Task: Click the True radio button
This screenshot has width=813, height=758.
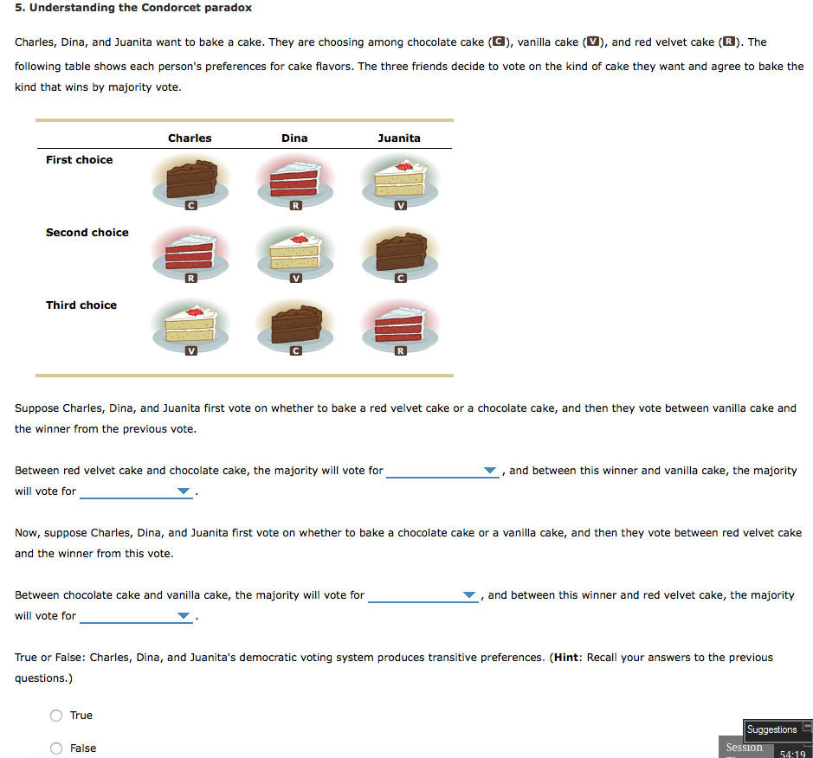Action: tap(56, 716)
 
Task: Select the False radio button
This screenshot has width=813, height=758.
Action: tap(56, 748)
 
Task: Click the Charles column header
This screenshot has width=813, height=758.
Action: tap(190, 138)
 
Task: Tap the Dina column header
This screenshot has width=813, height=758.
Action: tap(294, 138)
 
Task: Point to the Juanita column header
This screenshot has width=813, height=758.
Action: tap(399, 138)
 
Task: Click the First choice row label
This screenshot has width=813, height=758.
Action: tap(80, 160)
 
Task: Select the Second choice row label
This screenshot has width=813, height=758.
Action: tap(87, 233)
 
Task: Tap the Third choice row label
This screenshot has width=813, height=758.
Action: tap(81, 305)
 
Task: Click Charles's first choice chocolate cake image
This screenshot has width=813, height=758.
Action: tap(190, 182)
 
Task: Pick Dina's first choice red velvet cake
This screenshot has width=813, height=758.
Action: tap(294, 182)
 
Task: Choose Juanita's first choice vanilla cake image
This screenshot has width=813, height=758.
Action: tap(399, 182)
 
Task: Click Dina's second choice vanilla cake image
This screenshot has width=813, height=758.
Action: tap(294, 253)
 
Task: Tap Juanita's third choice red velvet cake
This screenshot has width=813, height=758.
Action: tap(399, 326)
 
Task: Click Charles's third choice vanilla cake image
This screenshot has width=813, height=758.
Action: tap(190, 326)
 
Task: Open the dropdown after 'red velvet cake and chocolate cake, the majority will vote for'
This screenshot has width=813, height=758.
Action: tap(442, 472)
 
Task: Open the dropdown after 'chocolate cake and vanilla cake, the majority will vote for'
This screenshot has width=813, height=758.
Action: tap(423, 596)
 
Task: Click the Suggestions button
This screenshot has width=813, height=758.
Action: tap(771, 729)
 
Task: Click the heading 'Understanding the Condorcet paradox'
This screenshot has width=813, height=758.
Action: tap(133, 8)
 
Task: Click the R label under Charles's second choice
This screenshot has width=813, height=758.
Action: tap(190, 278)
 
